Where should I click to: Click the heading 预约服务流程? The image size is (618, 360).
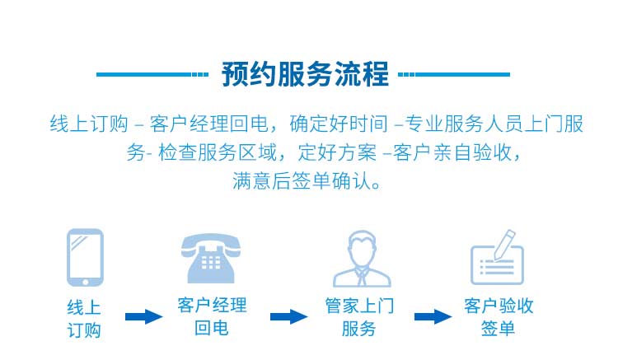click(305, 74)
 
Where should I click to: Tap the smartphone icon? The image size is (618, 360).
click(85, 258)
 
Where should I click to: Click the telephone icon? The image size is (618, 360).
click(211, 259)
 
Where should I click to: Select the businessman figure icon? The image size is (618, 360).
click(362, 259)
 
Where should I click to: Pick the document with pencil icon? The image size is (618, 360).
click(498, 258)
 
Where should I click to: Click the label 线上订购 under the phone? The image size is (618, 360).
click(84, 319)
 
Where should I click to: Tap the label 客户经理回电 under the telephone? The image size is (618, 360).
click(212, 316)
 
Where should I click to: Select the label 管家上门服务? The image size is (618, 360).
click(359, 317)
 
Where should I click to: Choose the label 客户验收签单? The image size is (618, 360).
click(499, 316)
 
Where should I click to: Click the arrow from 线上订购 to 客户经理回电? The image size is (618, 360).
click(144, 316)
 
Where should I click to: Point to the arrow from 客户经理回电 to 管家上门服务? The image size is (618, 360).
click(289, 316)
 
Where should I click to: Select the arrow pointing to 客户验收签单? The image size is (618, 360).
click(433, 316)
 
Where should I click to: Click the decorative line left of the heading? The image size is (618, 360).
click(152, 74)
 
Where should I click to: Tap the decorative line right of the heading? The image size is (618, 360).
click(454, 74)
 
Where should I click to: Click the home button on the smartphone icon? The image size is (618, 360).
click(85, 282)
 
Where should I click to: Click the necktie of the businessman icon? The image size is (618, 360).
click(362, 277)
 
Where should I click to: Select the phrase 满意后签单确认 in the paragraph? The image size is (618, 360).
click(301, 180)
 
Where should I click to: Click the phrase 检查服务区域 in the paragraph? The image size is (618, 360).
click(218, 152)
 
